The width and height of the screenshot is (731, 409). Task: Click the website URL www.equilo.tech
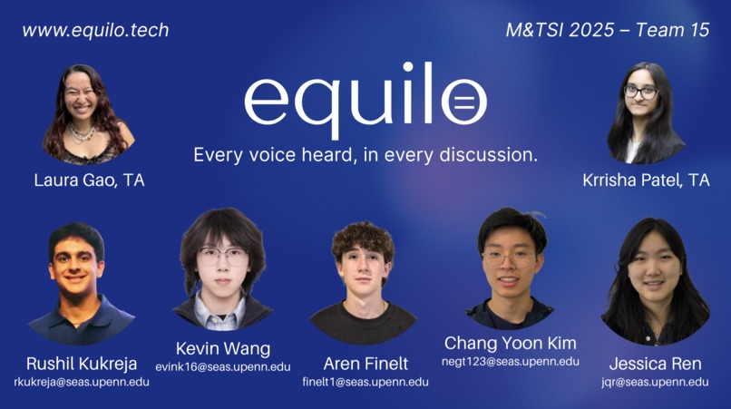[x=95, y=30]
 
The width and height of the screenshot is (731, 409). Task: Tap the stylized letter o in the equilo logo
[x=463, y=100]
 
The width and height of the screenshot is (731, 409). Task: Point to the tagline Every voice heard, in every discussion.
[x=365, y=154]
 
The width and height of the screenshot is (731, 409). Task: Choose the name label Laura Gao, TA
[x=89, y=180]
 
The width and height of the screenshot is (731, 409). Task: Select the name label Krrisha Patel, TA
[x=646, y=180]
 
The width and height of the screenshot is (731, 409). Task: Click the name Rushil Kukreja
[x=82, y=364]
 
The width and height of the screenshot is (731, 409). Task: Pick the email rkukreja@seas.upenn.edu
[x=82, y=382]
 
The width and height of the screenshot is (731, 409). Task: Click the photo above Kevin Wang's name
[x=222, y=268]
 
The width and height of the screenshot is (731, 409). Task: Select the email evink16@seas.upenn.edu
[x=223, y=366]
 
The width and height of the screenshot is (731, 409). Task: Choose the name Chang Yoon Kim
[x=510, y=343]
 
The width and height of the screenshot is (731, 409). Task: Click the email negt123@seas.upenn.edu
[x=511, y=361]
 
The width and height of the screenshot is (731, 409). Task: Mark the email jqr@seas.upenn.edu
[x=655, y=382]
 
